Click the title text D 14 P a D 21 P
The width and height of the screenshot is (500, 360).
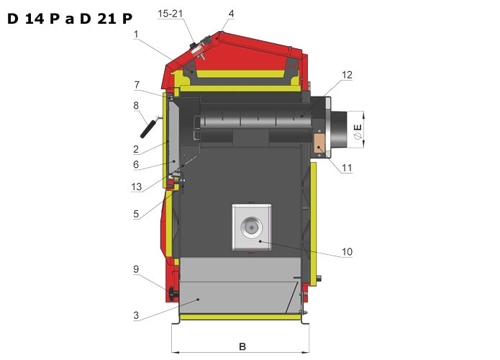pyautogui.click(x=70, y=19)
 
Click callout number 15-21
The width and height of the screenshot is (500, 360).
pyautogui.click(x=170, y=14)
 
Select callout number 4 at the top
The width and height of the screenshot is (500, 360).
pyautogui.click(x=231, y=14)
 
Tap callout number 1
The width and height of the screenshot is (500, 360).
pyautogui.click(x=136, y=34)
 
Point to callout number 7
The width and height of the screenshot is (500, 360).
pyautogui.click(x=137, y=85)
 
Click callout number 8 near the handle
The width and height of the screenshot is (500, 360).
pyautogui.click(x=136, y=105)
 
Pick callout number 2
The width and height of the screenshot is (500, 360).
pyautogui.click(x=136, y=149)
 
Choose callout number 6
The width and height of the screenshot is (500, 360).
pyautogui.click(x=136, y=164)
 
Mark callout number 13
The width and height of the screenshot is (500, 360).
pyautogui.click(x=137, y=186)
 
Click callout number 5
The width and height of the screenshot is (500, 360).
pyautogui.click(x=136, y=214)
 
